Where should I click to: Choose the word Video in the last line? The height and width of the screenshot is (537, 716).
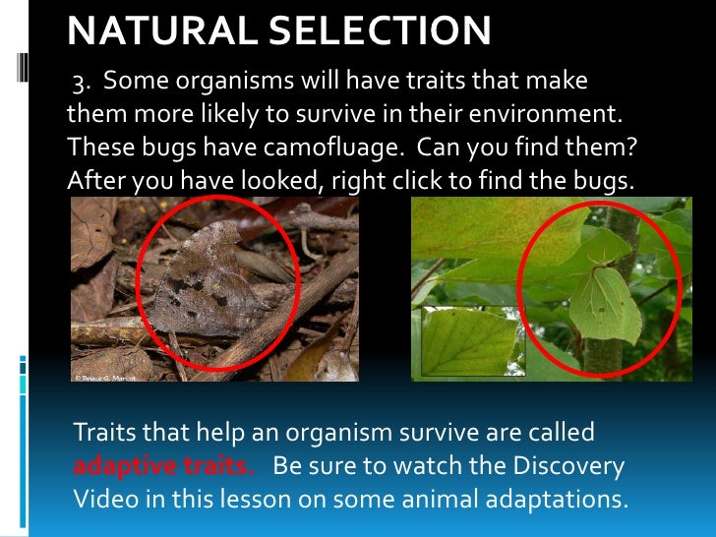[102, 498]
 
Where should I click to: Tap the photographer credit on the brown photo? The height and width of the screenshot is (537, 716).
[102, 377]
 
